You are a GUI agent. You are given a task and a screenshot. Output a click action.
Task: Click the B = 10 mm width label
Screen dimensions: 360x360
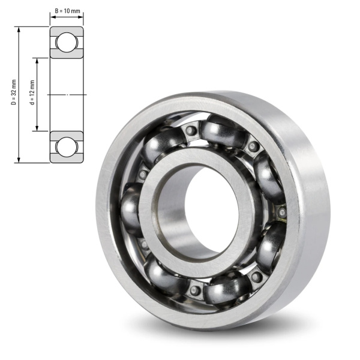pyautogui.click(x=67, y=11)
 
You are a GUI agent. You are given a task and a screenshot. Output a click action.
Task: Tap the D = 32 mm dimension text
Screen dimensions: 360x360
pyautogui.click(x=14, y=92)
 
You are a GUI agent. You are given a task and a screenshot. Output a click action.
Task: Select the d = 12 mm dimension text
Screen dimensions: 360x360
pyautogui.click(x=32, y=92)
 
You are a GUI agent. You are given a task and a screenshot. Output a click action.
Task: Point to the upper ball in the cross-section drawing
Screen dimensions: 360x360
pyautogui.click(x=66, y=43)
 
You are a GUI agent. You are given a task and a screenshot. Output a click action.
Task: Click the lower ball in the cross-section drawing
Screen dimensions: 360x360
pyautogui.click(x=66, y=147)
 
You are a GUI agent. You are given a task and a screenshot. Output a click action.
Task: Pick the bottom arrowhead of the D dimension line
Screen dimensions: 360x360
pyautogui.click(x=19, y=160)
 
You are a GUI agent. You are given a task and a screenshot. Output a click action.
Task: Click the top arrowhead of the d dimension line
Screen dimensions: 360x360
pyautogui.click(x=37, y=61)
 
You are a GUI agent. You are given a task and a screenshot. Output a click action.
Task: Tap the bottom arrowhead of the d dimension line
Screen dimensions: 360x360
pyautogui.click(x=37, y=128)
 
